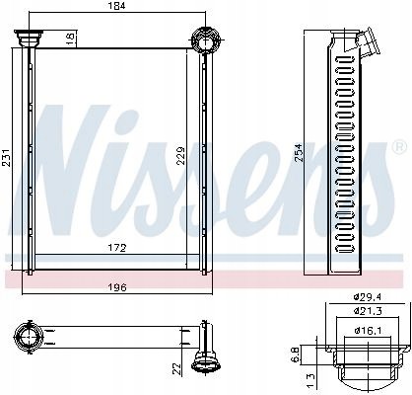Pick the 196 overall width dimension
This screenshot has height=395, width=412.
(118, 288)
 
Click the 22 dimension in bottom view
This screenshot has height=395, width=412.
(177, 367)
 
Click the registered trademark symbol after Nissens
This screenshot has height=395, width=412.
(398, 149)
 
